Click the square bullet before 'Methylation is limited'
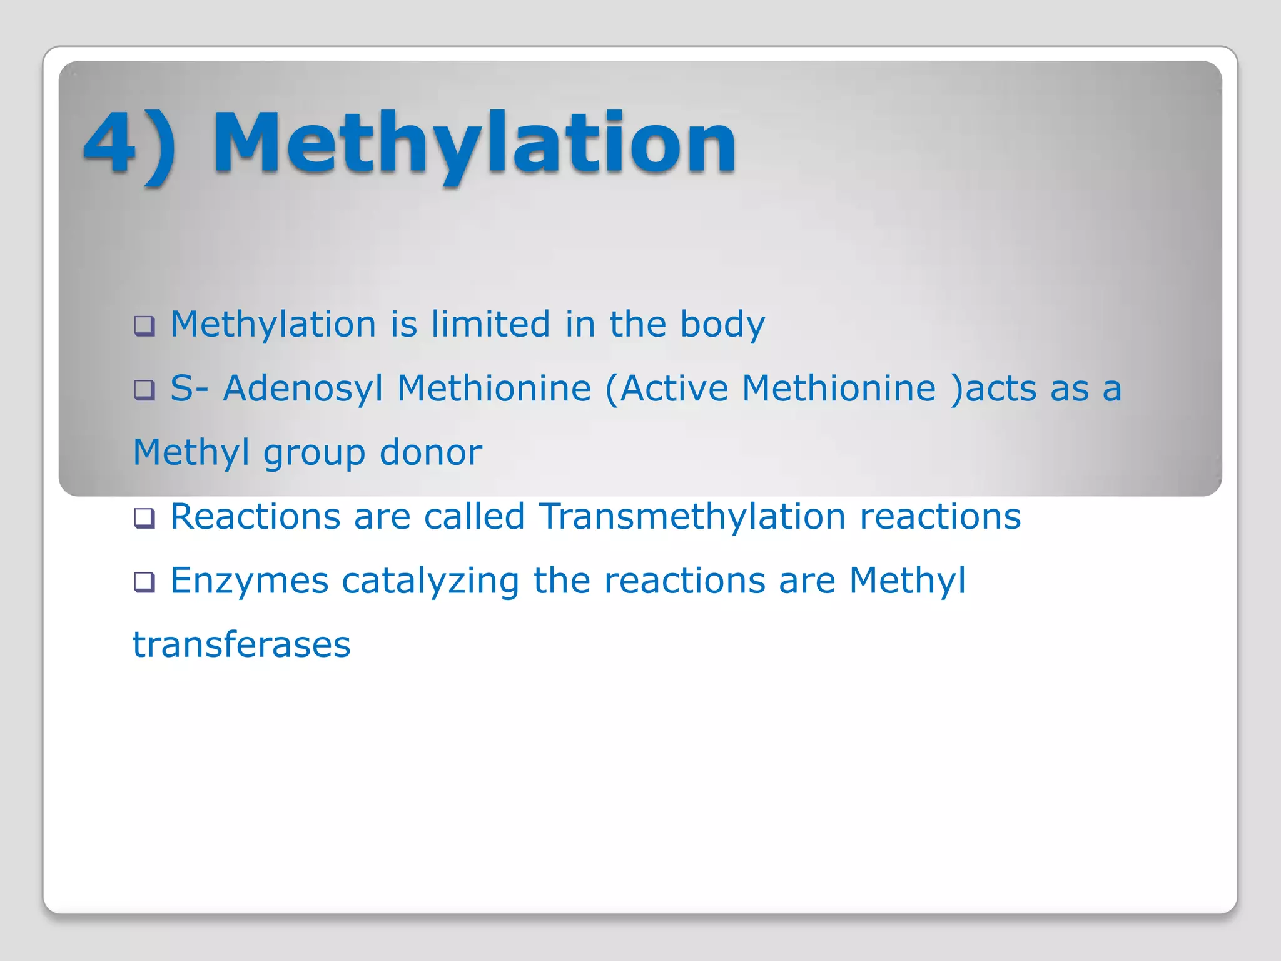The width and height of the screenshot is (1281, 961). coord(144,325)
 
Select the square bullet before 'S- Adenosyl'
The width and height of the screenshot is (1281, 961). coord(144,390)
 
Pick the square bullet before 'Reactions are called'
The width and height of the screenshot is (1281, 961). coord(144,518)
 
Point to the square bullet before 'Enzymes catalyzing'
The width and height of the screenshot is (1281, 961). coord(144,582)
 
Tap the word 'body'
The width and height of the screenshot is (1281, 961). coord(722,325)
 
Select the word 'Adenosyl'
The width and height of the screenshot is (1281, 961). coord(303,389)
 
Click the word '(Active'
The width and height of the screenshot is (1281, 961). coord(666,389)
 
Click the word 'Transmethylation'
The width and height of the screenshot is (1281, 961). coord(692,517)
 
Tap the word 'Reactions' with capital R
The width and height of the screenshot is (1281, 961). coord(255,517)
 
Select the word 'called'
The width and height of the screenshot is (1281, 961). coord(474,517)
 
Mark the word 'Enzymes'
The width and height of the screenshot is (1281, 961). coord(249,581)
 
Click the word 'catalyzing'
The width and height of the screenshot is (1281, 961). coord(430,581)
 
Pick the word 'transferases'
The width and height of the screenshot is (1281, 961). coord(241,645)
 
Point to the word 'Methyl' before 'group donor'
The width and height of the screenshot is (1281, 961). coord(191,453)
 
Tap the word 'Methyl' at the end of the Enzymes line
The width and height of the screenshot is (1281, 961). coord(907,581)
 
